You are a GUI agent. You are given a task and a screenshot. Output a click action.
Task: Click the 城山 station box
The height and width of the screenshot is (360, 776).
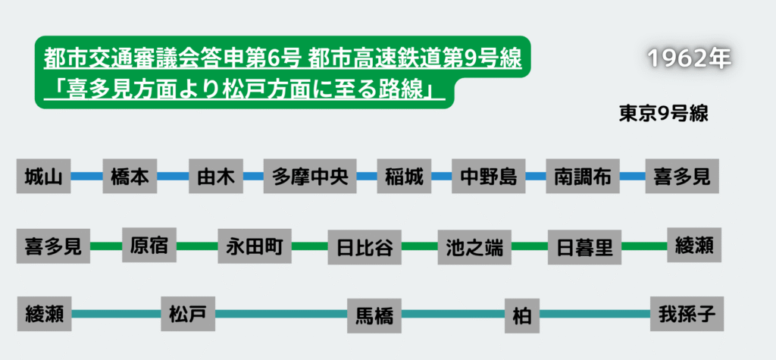[x=42, y=177]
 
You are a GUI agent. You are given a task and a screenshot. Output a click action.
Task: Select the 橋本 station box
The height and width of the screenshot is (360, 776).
[x=130, y=177]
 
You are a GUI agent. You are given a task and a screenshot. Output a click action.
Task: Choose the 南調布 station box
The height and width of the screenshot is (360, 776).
[x=582, y=177]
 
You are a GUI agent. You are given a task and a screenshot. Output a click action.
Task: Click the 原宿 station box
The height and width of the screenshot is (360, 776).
[x=149, y=246]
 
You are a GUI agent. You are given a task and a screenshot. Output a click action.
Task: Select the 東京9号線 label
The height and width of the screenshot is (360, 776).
[x=663, y=113]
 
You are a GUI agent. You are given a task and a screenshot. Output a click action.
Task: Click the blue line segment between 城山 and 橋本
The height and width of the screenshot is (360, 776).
[x=86, y=177]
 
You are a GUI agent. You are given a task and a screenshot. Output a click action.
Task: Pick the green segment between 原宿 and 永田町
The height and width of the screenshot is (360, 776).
[x=197, y=246]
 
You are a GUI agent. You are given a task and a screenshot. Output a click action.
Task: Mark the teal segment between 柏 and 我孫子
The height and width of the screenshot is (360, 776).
[x=594, y=314]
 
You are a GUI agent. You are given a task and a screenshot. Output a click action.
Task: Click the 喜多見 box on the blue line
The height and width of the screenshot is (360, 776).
[x=681, y=177]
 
